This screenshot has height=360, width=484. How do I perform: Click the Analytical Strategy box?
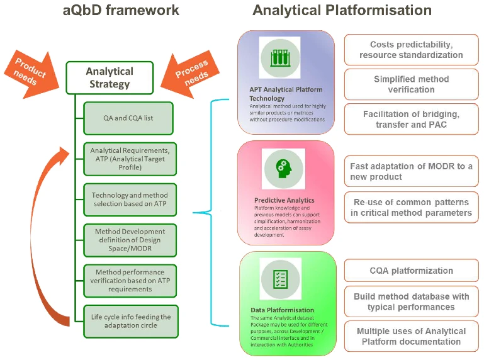tap(110, 77)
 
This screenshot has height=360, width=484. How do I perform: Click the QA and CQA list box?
tap(128, 118)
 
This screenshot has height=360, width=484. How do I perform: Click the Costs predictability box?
tap(411, 50)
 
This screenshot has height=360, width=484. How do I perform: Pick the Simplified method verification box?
tap(411, 84)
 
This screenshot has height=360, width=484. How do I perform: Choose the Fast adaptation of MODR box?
tap(411, 171)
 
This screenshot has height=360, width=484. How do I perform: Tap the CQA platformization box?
tap(411, 271)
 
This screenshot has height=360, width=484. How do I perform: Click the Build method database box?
tap(411, 301)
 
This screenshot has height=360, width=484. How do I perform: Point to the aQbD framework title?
tap(121, 11)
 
